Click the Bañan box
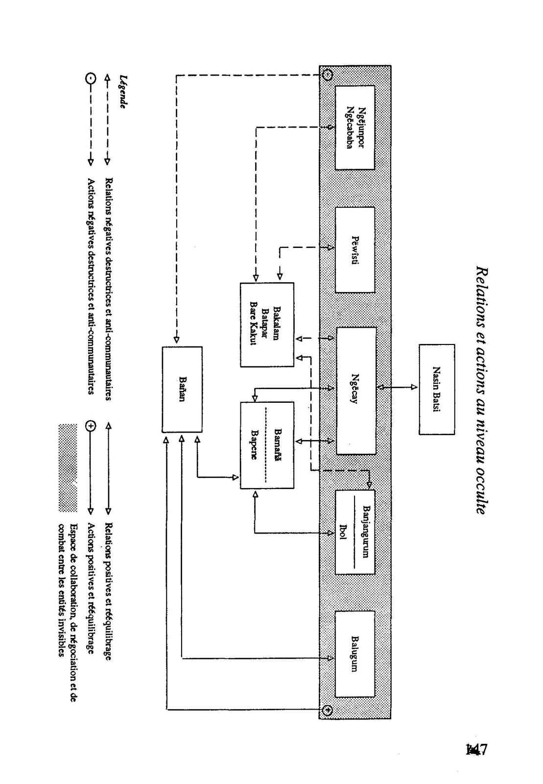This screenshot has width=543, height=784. (x=182, y=389)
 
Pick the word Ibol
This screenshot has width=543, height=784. (x=343, y=532)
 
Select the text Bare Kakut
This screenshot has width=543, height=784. (x=254, y=324)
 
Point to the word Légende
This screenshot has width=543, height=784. (x=123, y=92)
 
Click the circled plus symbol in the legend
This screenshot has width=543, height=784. (x=90, y=426)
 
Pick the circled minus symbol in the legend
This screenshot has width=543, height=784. (x=90, y=77)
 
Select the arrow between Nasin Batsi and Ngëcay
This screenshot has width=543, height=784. (x=397, y=387)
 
